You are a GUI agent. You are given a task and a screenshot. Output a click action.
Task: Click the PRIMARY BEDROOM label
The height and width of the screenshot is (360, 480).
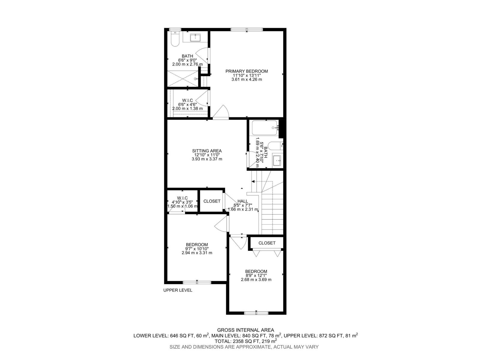[x=247, y=71]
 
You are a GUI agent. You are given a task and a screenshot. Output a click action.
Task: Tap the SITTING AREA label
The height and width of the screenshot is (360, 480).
[x=207, y=151]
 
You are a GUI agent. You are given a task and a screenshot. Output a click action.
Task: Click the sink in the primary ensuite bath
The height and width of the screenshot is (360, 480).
[x=196, y=37]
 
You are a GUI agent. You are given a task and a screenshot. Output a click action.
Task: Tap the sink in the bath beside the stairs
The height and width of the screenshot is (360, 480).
[x=277, y=161]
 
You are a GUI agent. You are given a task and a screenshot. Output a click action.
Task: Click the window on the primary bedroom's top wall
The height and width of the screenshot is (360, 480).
[x=247, y=29]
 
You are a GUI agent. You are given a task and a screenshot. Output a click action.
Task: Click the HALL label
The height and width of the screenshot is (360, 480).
[x=243, y=201]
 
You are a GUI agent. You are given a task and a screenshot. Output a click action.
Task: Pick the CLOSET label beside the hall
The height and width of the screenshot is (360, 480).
[x=212, y=201]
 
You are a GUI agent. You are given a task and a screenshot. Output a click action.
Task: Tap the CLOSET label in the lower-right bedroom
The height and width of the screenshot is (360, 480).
[x=267, y=243]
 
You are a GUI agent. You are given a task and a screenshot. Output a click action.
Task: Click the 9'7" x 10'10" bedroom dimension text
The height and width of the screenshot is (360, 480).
[x=197, y=249]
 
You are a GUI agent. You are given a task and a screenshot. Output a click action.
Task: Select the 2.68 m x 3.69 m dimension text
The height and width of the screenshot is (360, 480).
[x=256, y=280]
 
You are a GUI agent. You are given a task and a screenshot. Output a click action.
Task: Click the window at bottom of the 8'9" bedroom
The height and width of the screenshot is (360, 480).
[x=256, y=313]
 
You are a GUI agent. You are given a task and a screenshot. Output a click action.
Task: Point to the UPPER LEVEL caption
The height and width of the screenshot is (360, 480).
[x=178, y=290]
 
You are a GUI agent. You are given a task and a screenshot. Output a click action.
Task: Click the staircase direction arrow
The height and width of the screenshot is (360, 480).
[x=253, y=181]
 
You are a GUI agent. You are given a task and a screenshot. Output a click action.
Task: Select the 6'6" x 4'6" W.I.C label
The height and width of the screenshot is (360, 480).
[x=187, y=104]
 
